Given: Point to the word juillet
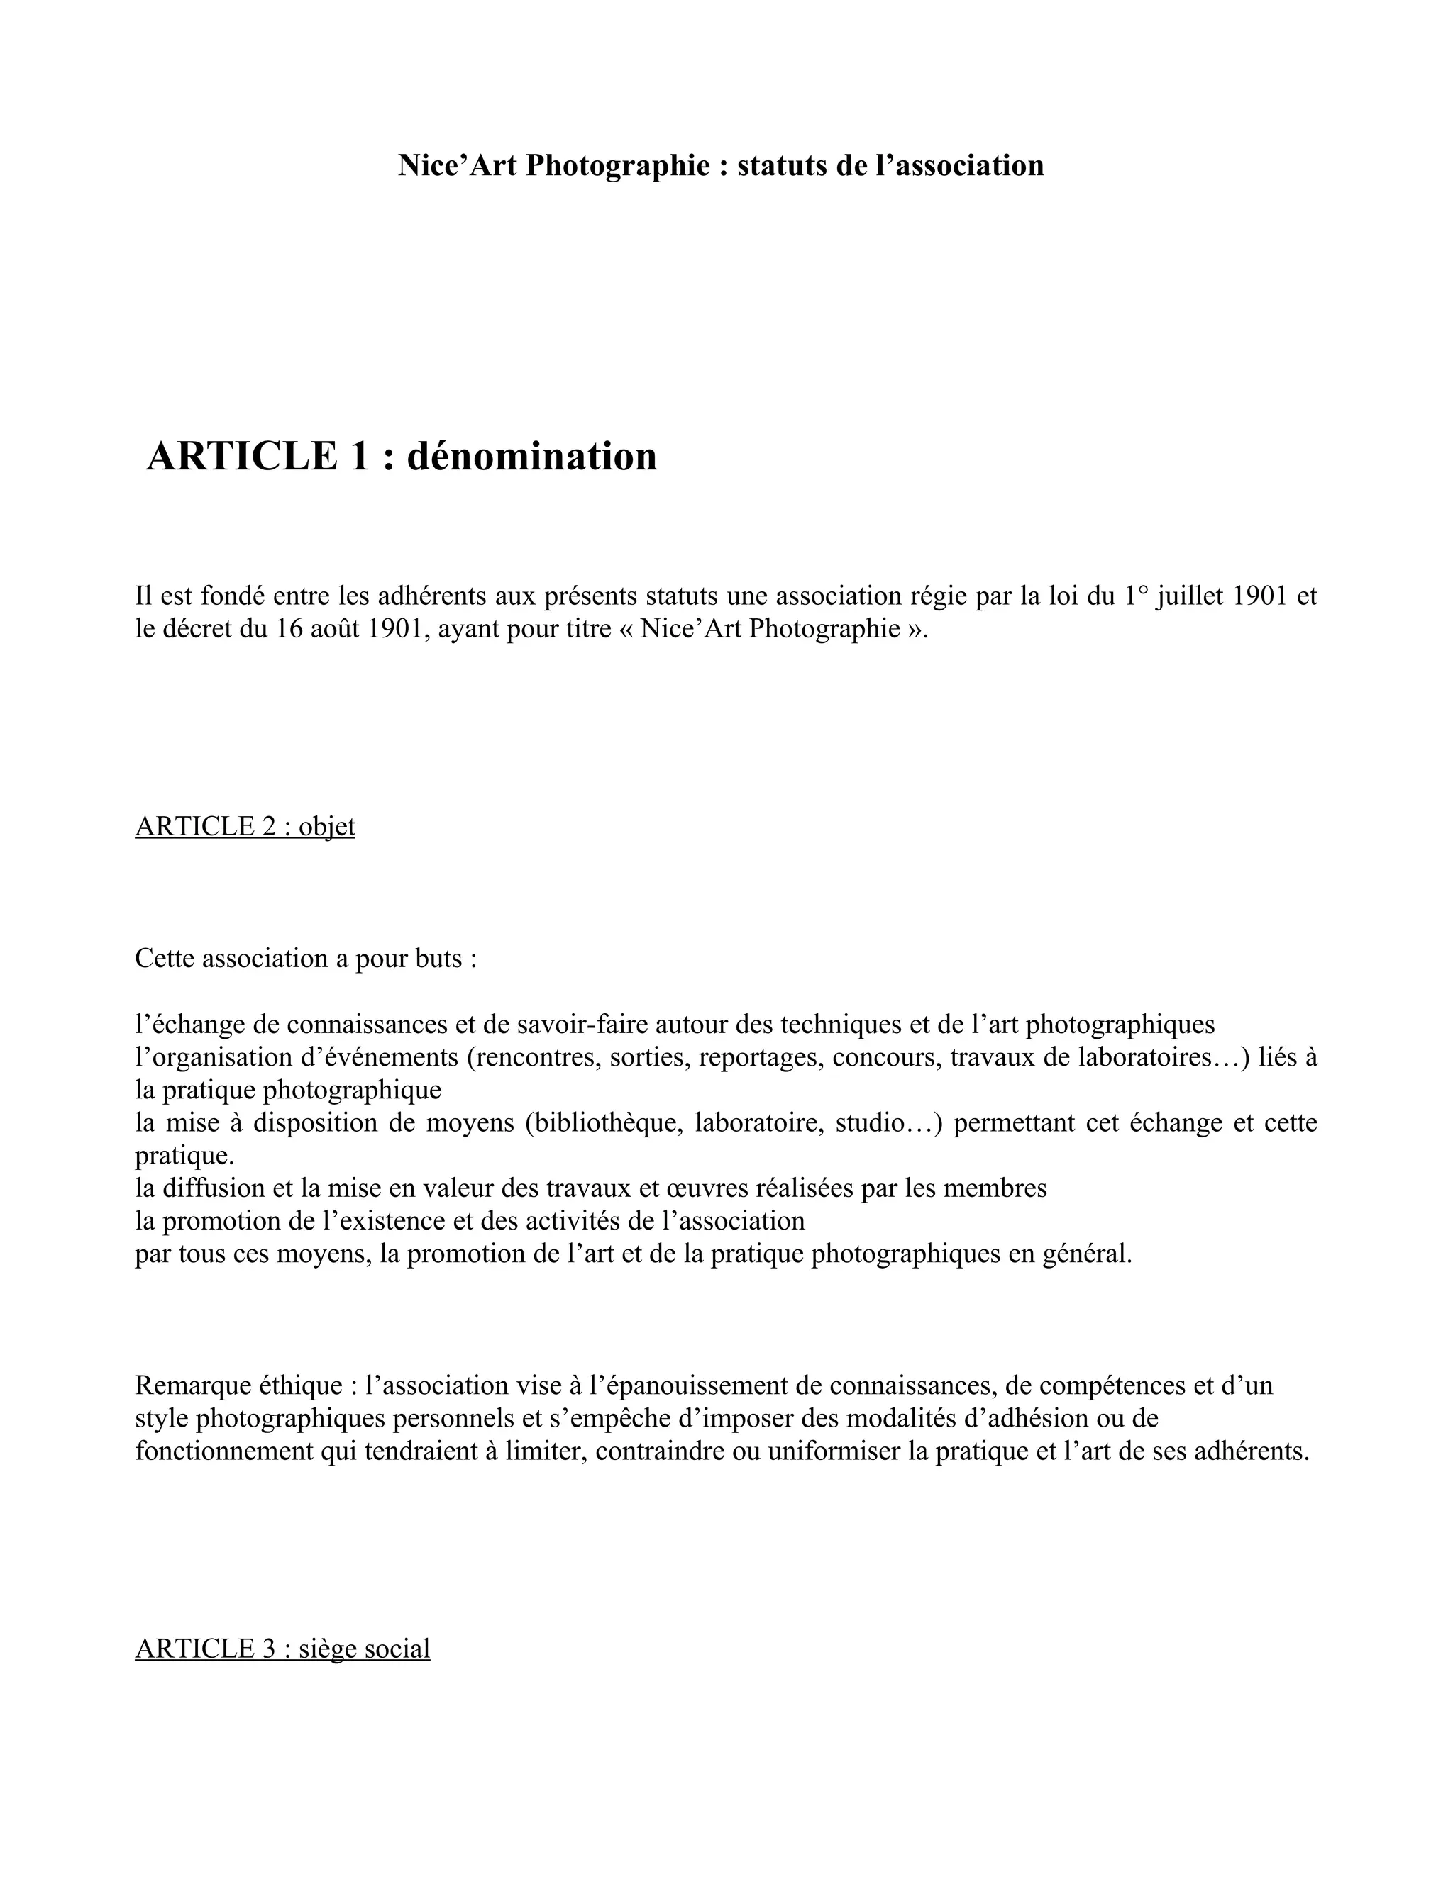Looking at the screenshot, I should coord(1190,596).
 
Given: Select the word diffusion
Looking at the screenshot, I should coord(215,1188).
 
